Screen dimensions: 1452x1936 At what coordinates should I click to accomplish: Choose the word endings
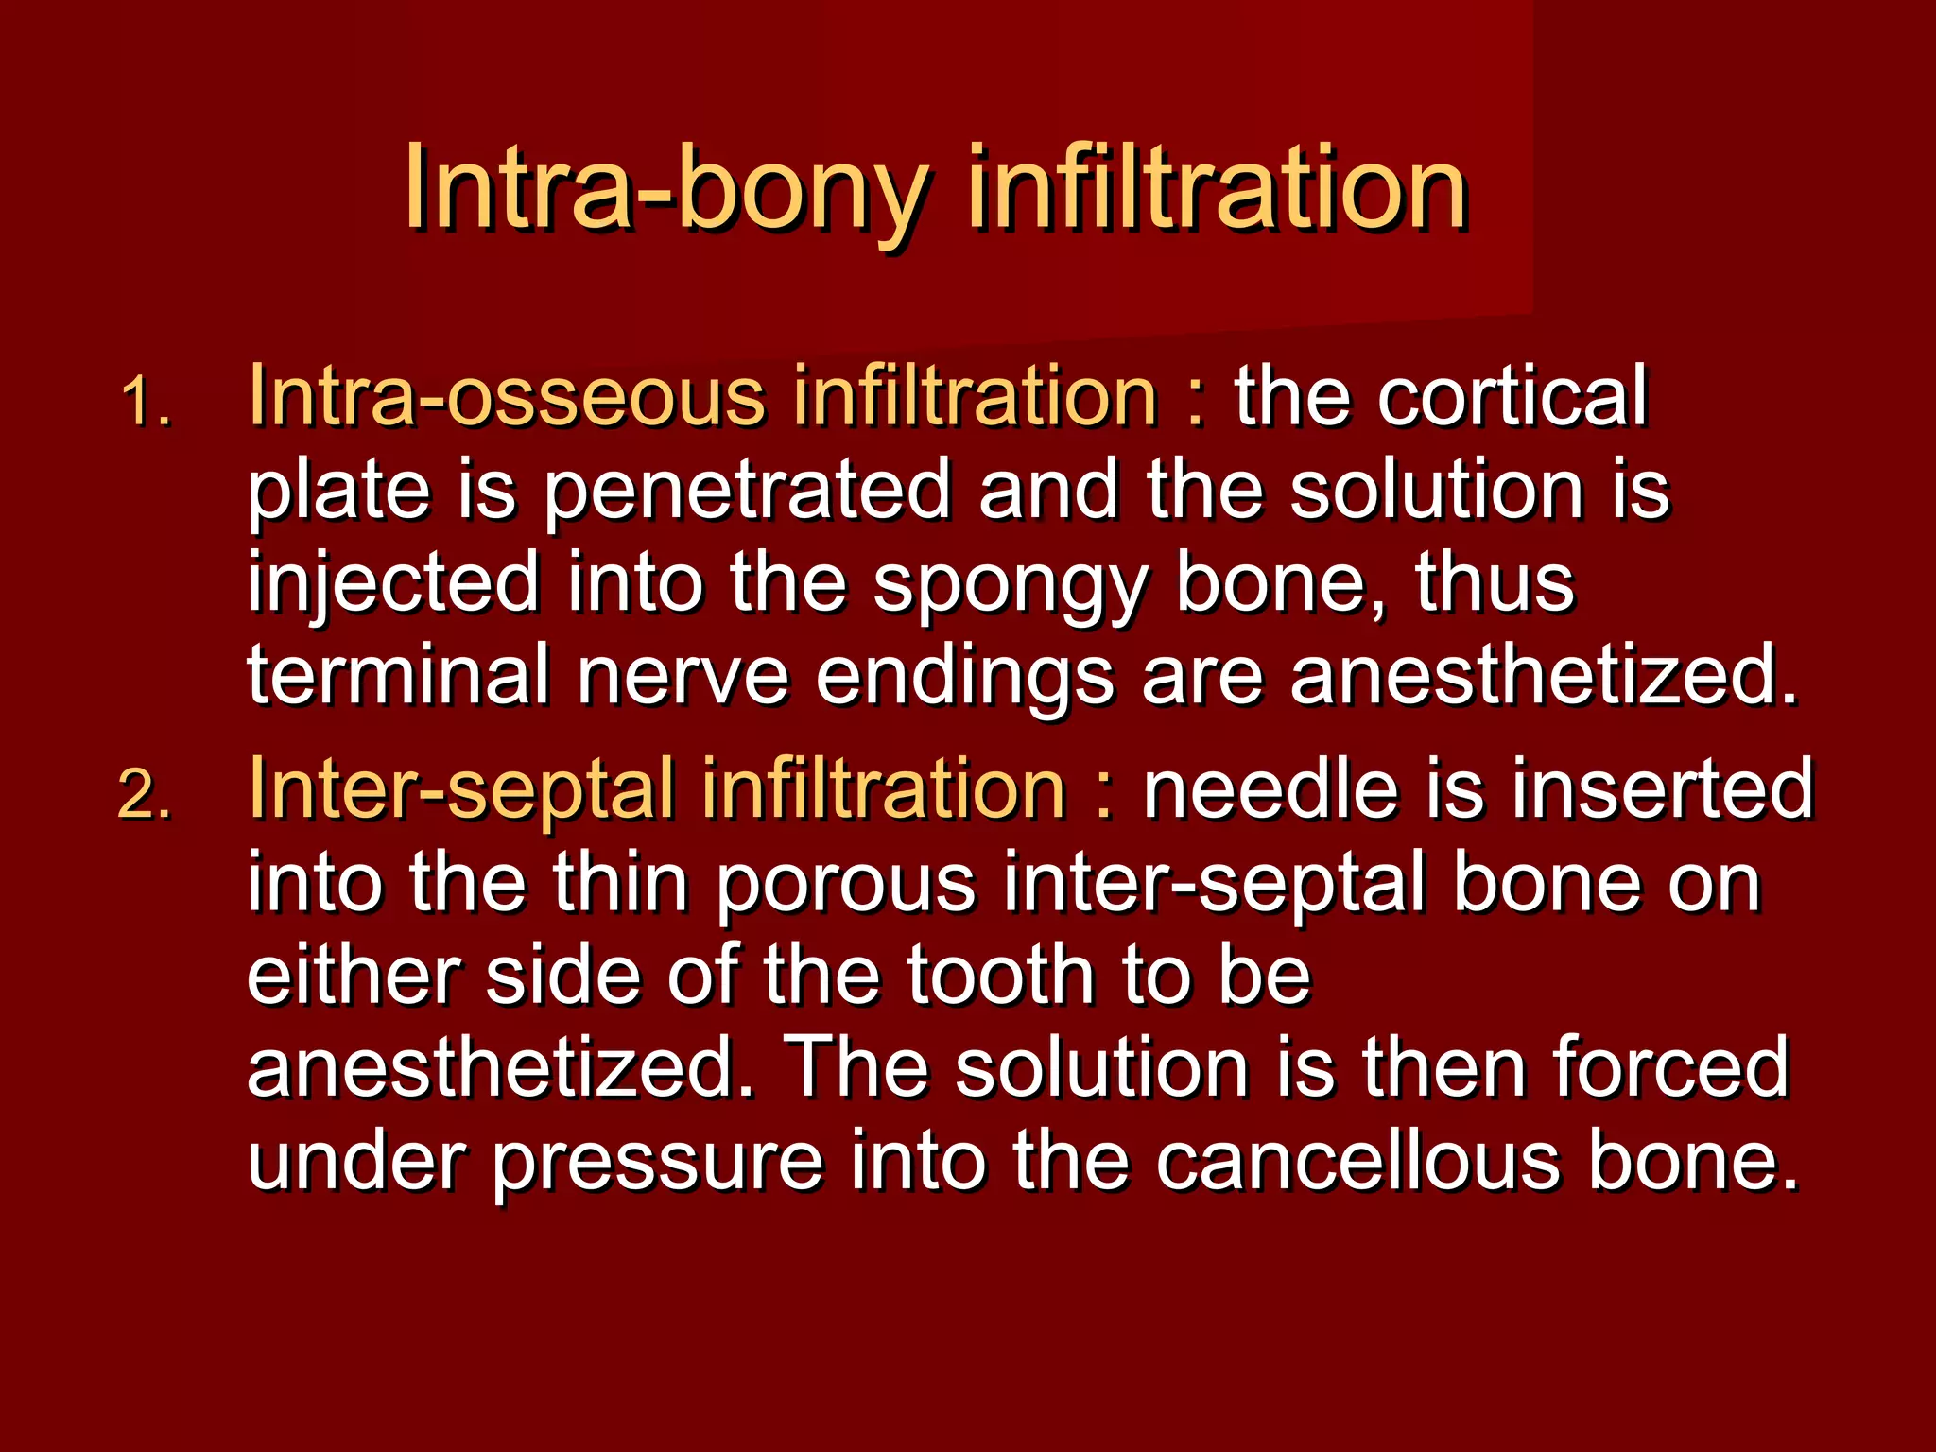pos(964,679)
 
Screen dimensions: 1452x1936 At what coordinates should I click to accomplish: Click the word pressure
pos(658,1164)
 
